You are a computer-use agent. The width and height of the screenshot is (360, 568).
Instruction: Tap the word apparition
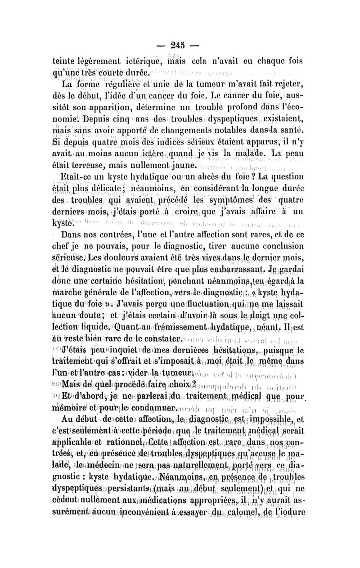coord(116,108)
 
